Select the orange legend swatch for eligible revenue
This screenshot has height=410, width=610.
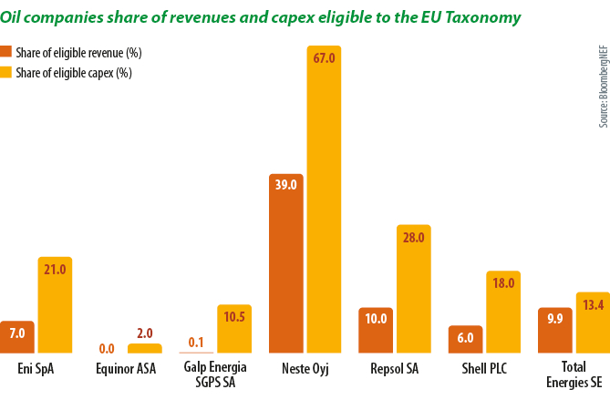coord(6,53)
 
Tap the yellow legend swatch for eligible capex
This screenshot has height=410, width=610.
coord(6,72)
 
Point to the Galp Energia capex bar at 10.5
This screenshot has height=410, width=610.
coord(234,328)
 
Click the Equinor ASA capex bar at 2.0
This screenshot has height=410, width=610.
coord(144,348)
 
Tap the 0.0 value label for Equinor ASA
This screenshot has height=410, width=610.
coord(107,347)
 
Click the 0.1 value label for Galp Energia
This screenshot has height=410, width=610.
coord(196,343)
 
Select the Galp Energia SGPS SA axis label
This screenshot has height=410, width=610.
coord(215,376)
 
